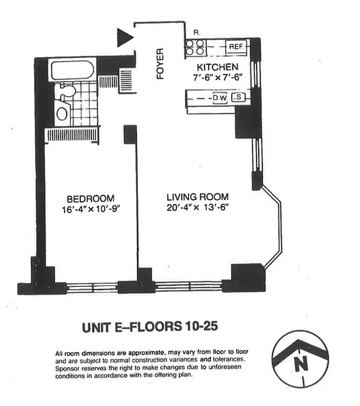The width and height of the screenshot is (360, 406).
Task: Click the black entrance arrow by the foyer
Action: [x=124, y=38]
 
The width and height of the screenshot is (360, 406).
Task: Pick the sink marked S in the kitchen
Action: [x=237, y=97]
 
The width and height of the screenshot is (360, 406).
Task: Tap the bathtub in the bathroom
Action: [x=71, y=70]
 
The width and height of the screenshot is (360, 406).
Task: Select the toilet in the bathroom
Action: [x=66, y=92]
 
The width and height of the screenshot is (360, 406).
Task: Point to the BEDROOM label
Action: [x=90, y=198]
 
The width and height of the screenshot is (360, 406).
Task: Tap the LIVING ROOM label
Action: [x=198, y=197]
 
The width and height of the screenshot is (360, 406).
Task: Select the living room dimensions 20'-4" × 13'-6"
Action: [x=198, y=207]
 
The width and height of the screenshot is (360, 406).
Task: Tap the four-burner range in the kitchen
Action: [x=195, y=46]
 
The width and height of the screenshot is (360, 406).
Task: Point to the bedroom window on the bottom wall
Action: [x=92, y=288]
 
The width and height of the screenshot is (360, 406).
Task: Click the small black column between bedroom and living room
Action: [x=130, y=134]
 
